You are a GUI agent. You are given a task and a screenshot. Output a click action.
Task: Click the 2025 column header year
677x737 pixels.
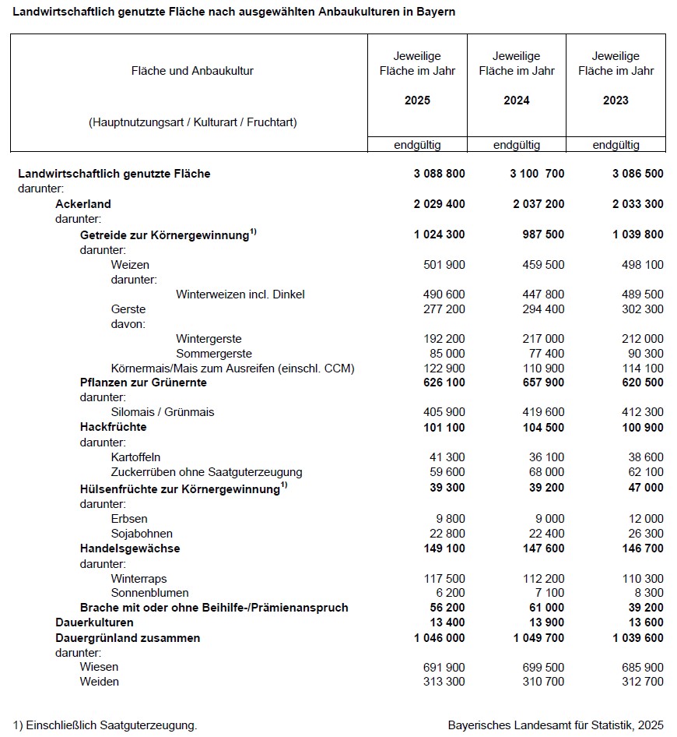click(x=417, y=100)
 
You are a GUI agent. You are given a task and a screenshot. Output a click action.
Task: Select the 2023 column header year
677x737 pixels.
click(x=616, y=100)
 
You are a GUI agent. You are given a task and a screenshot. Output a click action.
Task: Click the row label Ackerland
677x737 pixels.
click(x=83, y=204)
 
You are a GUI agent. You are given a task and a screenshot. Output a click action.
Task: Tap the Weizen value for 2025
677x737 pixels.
click(x=444, y=265)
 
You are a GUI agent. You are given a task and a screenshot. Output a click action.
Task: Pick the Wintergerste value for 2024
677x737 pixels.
click(x=543, y=339)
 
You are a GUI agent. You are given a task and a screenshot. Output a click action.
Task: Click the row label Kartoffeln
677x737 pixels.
click(x=135, y=457)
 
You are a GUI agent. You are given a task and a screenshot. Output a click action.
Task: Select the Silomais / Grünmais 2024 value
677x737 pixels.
click(x=543, y=412)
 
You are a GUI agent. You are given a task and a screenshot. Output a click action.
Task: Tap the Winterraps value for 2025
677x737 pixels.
click(x=444, y=579)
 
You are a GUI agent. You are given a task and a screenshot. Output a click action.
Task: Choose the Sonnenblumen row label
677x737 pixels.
click(x=149, y=594)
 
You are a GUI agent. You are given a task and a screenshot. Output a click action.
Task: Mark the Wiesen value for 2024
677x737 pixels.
click(x=543, y=668)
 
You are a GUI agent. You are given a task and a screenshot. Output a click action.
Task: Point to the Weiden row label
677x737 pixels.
click(x=99, y=682)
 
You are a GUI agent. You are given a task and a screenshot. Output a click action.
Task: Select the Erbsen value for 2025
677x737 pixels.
click(x=449, y=519)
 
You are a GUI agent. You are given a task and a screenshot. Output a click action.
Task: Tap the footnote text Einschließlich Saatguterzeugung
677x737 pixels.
click(x=111, y=725)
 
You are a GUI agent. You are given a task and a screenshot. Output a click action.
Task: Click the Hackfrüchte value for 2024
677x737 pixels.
click(x=543, y=427)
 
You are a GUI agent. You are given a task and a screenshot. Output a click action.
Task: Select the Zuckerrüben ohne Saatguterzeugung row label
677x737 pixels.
click(x=206, y=472)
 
